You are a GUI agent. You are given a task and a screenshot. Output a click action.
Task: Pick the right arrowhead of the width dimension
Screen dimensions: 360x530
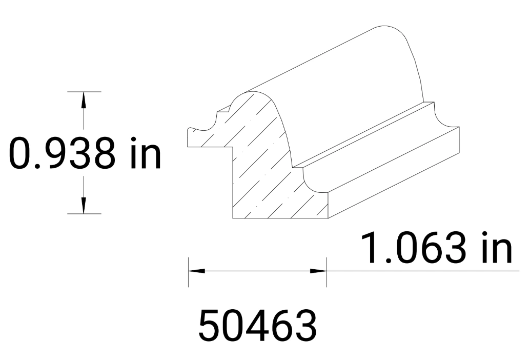(318, 270)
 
